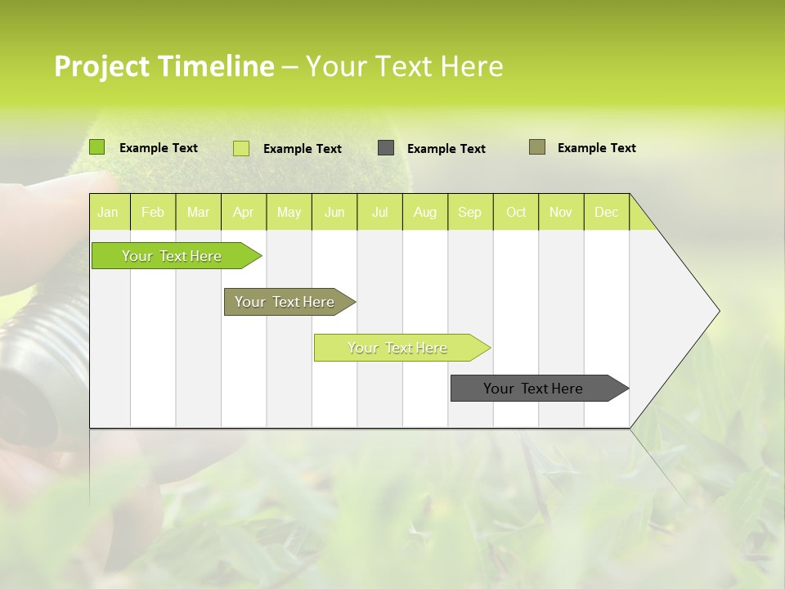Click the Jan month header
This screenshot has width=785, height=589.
click(108, 212)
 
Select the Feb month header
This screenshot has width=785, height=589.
click(153, 212)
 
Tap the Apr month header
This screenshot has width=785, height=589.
click(243, 212)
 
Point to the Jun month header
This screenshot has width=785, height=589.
click(334, 212)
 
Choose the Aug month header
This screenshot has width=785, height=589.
click(424, 212)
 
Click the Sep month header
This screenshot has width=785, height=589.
click(469, 212)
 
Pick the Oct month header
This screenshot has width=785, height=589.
click(516, 212)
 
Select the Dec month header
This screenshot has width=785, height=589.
click(606, 212)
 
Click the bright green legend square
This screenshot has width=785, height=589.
click(96, 147)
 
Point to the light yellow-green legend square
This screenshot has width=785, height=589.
click(240, 148)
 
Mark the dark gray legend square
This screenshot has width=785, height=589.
click(386, 148)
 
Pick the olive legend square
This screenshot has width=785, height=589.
click(536, 147)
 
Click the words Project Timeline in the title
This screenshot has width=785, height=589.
click(164, 66)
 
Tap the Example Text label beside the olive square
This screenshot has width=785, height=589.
click(596, 148)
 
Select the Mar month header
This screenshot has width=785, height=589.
click(198, 212)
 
